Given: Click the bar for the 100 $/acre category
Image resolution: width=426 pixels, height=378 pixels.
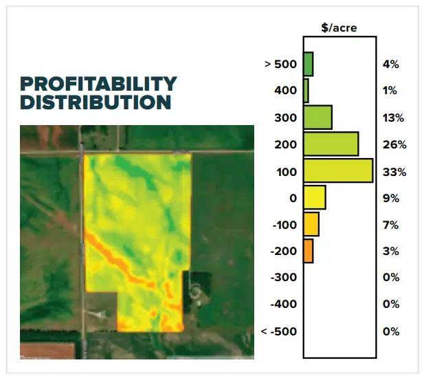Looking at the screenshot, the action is click(x=338, y=170).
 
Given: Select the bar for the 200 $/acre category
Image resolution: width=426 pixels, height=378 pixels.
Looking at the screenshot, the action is click(x=331, y=144).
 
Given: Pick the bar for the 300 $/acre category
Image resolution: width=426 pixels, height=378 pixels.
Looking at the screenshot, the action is click(x=318, y=117).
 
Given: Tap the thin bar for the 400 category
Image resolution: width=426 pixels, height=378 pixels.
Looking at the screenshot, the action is click(x=306, y=91).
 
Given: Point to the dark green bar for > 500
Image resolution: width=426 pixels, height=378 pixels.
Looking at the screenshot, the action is click(x=309, y=64).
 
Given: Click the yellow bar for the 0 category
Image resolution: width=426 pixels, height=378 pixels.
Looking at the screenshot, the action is click(x=315, y=197).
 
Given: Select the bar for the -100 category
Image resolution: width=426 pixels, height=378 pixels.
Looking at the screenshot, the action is click(x=311, y=224).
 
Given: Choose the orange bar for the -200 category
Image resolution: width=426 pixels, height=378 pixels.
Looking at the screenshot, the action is click(x=309, y=251).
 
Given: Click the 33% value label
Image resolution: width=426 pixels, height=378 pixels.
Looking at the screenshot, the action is click(x=394, y=172).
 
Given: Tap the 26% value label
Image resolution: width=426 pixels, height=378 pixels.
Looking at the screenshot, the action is click(x=394, y=144).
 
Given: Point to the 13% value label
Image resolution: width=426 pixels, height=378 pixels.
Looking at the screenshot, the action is click(x=394, y=118).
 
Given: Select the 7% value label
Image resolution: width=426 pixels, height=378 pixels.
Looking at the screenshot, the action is click(x=391, y=225).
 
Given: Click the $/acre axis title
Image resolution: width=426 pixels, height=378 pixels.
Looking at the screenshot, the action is click(x=339, y=27).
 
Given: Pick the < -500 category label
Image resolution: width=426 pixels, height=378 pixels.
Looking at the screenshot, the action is click(x=279, y=331).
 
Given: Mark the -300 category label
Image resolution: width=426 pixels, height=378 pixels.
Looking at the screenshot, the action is click(x=284, y=278).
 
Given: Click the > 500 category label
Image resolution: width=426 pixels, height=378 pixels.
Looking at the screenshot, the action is click(x=280, y=65).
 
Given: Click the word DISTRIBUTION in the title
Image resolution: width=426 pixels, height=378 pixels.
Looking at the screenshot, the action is click(x=96, y=102).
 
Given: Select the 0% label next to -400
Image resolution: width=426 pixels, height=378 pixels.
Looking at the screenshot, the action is click(x=391, y=304).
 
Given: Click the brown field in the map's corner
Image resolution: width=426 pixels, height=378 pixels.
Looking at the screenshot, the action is click(x=47, y=351).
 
